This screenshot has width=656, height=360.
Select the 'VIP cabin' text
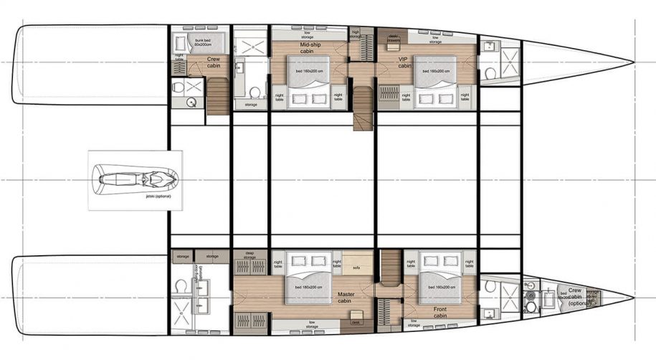click(x=404, y=62)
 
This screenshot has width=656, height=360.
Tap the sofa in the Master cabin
click(x=356, y=268)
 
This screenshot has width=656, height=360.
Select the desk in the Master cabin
click(x=355, y=322)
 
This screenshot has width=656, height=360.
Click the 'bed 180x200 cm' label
click(x=308, y=288)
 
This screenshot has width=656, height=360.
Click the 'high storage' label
click(x=355, y=34)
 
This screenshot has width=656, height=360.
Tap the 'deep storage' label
click(x=250, y=255)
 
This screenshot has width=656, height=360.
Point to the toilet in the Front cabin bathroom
click(x=491, y=287)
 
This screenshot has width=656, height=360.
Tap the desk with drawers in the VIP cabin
click(x=393, y=37)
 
